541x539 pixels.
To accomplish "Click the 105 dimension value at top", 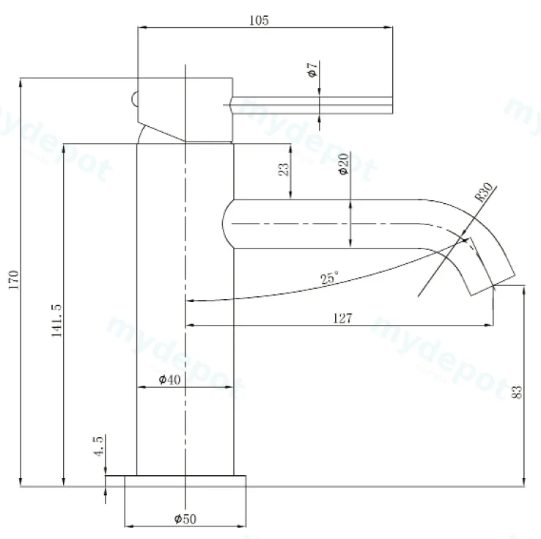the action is coord(259,21).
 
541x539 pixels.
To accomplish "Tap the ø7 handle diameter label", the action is coord(312,70).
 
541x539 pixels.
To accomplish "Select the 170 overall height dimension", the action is coord(14,280).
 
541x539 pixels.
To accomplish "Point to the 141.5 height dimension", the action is coord(56,320).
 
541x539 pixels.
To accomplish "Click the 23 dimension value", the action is coord(284,169).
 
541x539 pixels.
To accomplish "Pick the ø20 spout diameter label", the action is coord(344,164).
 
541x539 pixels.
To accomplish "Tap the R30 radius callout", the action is coord(484,191).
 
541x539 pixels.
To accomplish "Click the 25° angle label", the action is coord(329,277).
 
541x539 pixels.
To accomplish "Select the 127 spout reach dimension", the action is coord(342,318).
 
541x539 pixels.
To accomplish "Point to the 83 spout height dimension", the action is coord(518,392).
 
